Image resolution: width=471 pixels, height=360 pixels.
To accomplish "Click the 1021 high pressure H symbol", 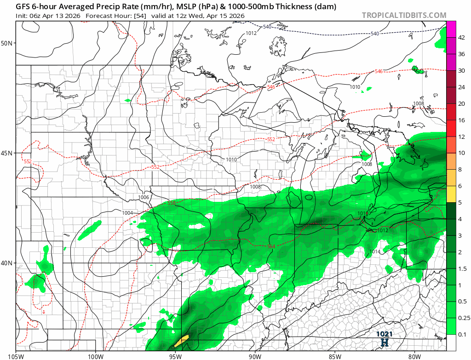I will pyautogui.click(x=384, y=342).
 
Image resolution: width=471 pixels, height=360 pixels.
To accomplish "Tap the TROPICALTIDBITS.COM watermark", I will pyautogui.click(x=404, y=16).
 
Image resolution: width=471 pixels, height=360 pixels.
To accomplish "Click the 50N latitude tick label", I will pyautogui.click(x=7, y=43).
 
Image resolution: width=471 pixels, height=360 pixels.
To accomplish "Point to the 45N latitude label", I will pyautogui.click(x=7, y=153).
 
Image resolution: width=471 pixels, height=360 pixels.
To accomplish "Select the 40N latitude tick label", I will pyautogui.click(x=7, y=263).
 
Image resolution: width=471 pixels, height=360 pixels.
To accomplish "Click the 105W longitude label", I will pyautogui.click(x=16, y=355).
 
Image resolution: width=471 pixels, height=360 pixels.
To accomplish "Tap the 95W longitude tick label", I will pyautogui.click(x=175, y=355).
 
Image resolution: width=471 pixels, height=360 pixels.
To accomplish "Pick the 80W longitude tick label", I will pyautogui.click(x=414, y=355).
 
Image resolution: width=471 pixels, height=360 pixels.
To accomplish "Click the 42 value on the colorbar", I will pyautogui.click(x=461, y=38).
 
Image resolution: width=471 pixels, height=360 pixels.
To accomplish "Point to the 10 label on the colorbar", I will pyautogui.click(x=461, y=153).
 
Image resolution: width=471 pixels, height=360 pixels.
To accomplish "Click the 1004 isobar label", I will pyautogui.click(x=127, y=213).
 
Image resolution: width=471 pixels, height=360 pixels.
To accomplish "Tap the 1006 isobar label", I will pyautogui.click(x=144, y=197).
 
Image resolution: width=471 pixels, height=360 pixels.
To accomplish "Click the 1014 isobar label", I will pyautogui.click(x=375, y=251).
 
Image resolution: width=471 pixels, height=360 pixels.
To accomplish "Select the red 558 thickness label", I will pyautogui.click(x=172, y=203).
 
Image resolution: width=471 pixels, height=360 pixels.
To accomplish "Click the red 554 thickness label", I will pyautogui.click(x=271, y=246).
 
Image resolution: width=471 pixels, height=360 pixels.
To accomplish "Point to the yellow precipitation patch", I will pyautogui.click(x=182, y=340).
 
